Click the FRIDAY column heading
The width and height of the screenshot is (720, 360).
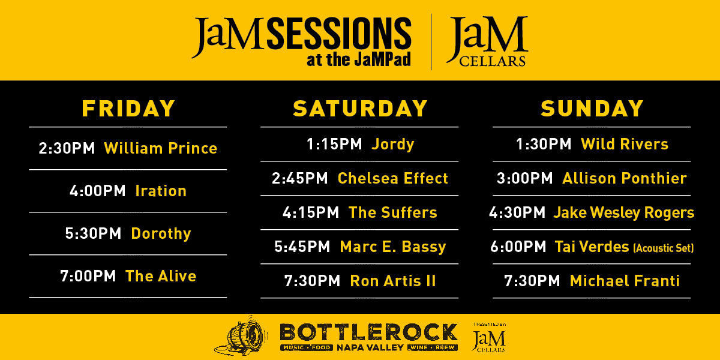pyautogui.click(x=128, y=109)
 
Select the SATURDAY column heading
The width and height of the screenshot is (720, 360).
pyautogui.click(x=361, y=109)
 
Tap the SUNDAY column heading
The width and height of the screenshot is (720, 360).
pyautogui.click(x=592, y=109)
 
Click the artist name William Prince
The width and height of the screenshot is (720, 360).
pyautogui.click(x=161, y=148)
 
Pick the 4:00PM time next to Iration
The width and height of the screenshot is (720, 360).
pyautogui.click(x=97, y=191)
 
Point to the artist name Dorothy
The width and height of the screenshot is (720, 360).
pyautogui.click(x=161, y=233)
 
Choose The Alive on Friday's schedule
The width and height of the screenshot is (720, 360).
pyautogui.click(x=161, y=276)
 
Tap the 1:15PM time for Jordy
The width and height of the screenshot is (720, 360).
pyautogui.click(x=334, y=144)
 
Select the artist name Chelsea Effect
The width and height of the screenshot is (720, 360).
pyautogui.click(x=393, y=178)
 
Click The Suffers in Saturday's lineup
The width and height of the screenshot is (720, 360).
pyautogui.click(x=393, y=212)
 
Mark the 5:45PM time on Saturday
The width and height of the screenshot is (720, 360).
pyautogui.click(x=302, y=247)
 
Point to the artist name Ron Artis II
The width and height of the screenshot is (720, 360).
pyautogui.click(x=393, y=281)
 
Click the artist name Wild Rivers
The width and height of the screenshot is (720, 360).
pyautogui.click(x=625, y=144)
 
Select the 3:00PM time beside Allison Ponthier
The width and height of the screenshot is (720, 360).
pyautogui.click(x=524, y=178)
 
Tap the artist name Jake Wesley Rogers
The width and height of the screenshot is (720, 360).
pyautogui.click(x=624, y=213)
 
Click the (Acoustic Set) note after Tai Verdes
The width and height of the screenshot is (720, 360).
pyautogui.click(x=664, y=248)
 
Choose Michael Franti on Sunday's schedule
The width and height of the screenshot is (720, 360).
pyautogui.click(x=625, y=281)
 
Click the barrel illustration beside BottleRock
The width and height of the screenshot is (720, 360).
pyautogui.click(x=242, y=336)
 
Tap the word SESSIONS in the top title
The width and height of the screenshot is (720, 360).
pyautogui.click(x=339, y=34)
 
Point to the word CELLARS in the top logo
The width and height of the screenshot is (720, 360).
pyautogui.click(x=493, y=61)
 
